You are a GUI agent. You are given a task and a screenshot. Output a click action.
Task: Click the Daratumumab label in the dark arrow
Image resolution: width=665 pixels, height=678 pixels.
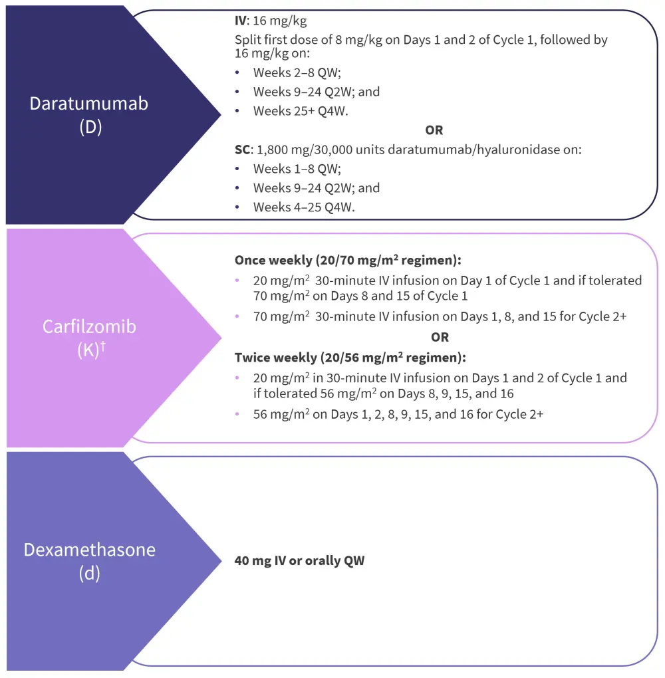click(88, 104)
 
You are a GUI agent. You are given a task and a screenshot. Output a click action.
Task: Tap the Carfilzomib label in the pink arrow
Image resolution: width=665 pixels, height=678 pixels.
click(89, 326)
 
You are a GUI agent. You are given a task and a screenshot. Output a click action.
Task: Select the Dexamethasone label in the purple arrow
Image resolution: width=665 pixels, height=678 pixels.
click(89, 550)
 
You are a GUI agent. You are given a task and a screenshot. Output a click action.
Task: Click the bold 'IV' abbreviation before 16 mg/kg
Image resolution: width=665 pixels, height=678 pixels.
click(241, 21)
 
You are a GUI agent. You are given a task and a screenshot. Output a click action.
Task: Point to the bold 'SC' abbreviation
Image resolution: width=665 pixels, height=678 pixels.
click(242, 150)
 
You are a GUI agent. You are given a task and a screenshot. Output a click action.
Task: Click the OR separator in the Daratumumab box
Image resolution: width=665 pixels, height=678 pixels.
click(434, 130)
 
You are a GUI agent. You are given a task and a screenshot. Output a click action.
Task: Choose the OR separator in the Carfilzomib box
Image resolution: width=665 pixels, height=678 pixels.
click(440, 338)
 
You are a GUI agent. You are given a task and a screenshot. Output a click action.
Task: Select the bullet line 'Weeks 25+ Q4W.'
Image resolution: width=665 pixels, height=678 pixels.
click(301, 111)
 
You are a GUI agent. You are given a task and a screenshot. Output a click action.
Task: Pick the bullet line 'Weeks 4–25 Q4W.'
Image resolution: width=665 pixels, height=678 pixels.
click(304, 207)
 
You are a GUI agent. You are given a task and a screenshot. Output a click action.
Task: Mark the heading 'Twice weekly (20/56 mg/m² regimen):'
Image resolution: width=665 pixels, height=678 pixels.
click(350, 358)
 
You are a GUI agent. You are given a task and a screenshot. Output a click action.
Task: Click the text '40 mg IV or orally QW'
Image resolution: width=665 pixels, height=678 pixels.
click(299, 561)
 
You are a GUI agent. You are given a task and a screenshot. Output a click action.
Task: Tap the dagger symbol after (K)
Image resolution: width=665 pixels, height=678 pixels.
click(103, 344)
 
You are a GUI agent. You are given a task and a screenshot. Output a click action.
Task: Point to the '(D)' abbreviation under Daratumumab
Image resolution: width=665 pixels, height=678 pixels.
click(90, 126)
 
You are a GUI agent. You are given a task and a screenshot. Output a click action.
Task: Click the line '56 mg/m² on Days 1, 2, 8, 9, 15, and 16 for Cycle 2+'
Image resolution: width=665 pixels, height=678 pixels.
click(398, 414)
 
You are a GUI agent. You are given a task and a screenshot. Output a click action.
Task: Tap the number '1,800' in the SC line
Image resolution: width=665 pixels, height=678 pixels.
click(271, 150)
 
